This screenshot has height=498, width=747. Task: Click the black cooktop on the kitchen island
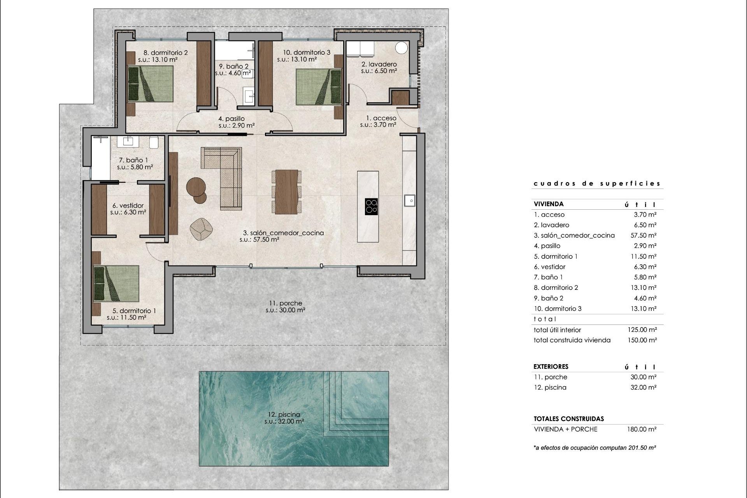coord(372,206)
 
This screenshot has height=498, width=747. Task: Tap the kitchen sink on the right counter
coord(409,200)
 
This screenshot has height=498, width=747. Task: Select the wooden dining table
coord(286,192)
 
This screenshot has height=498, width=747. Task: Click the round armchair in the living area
coord(201,229)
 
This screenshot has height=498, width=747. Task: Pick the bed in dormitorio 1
coord(116,284)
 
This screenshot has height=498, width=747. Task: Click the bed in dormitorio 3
coord(318,87)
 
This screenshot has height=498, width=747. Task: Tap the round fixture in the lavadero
coord(401,47)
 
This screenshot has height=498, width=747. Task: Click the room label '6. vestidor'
coord(128,205)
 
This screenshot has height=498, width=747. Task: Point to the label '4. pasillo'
coord(231,119)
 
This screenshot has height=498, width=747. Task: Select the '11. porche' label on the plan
coord(285,303)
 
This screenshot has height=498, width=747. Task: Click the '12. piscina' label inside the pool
coord(284,414)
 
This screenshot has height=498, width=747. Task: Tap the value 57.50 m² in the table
coord(643,235)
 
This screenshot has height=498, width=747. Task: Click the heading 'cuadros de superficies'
coord(597,184)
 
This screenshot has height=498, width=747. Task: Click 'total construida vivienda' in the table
coord(572,340)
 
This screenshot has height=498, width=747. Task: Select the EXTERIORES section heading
coord(551,366)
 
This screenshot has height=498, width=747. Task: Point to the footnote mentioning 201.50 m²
coord(595,448)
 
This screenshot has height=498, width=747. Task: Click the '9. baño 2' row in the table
coord(549,298)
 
